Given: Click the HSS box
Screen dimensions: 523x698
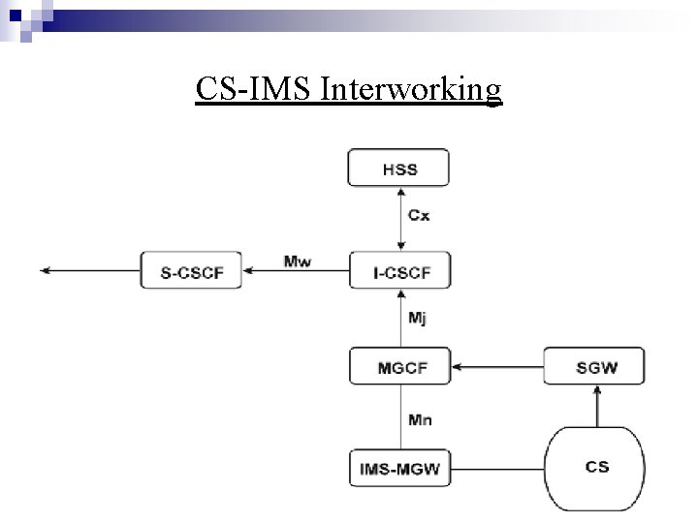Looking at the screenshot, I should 398,168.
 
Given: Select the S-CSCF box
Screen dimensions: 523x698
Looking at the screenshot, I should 191,271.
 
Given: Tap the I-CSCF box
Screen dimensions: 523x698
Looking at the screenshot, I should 398,272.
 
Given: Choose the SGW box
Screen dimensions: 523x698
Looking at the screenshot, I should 593,367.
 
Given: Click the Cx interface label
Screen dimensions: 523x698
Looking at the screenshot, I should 419,216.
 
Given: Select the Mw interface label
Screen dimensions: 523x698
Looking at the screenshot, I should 298,261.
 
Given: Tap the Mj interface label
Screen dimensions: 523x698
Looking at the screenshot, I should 418,318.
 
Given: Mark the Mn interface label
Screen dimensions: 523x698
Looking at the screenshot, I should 419,419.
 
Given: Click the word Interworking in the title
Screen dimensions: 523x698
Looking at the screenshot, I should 410,89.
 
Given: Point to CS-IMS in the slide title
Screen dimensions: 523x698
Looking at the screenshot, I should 253,89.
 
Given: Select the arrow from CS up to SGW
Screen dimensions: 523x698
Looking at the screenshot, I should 596,407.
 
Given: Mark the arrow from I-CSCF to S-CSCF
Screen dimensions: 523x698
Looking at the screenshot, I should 296,272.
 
